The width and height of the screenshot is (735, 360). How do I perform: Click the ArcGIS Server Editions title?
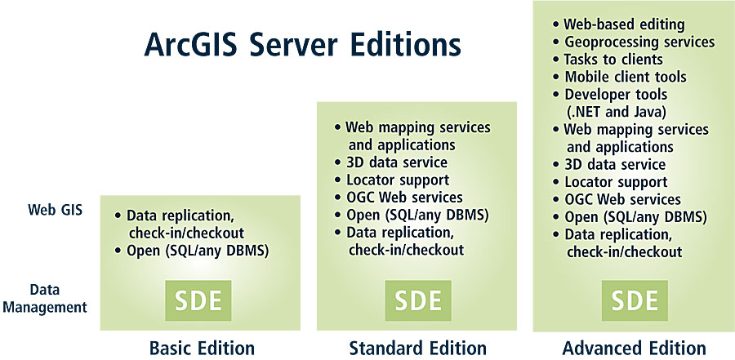pos(302,46)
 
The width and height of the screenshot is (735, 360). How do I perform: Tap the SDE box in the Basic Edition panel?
pos(198,300)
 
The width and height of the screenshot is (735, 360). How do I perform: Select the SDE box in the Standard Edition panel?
pos(418,300)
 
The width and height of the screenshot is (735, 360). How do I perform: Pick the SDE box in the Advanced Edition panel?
pos(635,300)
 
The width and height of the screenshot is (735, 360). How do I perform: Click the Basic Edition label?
pos(202,349)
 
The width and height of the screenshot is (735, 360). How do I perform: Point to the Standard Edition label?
pos(417,349)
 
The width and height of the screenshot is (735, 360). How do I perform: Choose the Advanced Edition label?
pos(635,349)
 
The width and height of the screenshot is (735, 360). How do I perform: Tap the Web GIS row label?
pos(56,209)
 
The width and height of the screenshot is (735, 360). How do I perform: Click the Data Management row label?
pos(52,298)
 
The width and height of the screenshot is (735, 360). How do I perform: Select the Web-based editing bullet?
pos(619,24)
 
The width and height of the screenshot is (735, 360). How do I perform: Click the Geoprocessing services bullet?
pos(634,42)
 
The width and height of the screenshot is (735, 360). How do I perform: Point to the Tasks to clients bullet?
pos(608,60)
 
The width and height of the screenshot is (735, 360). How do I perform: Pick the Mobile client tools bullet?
pos(620,77)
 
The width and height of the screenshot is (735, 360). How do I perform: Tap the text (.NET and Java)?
pos(616,112)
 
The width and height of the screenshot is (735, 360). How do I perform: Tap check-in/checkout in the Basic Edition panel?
pos(186,233)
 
